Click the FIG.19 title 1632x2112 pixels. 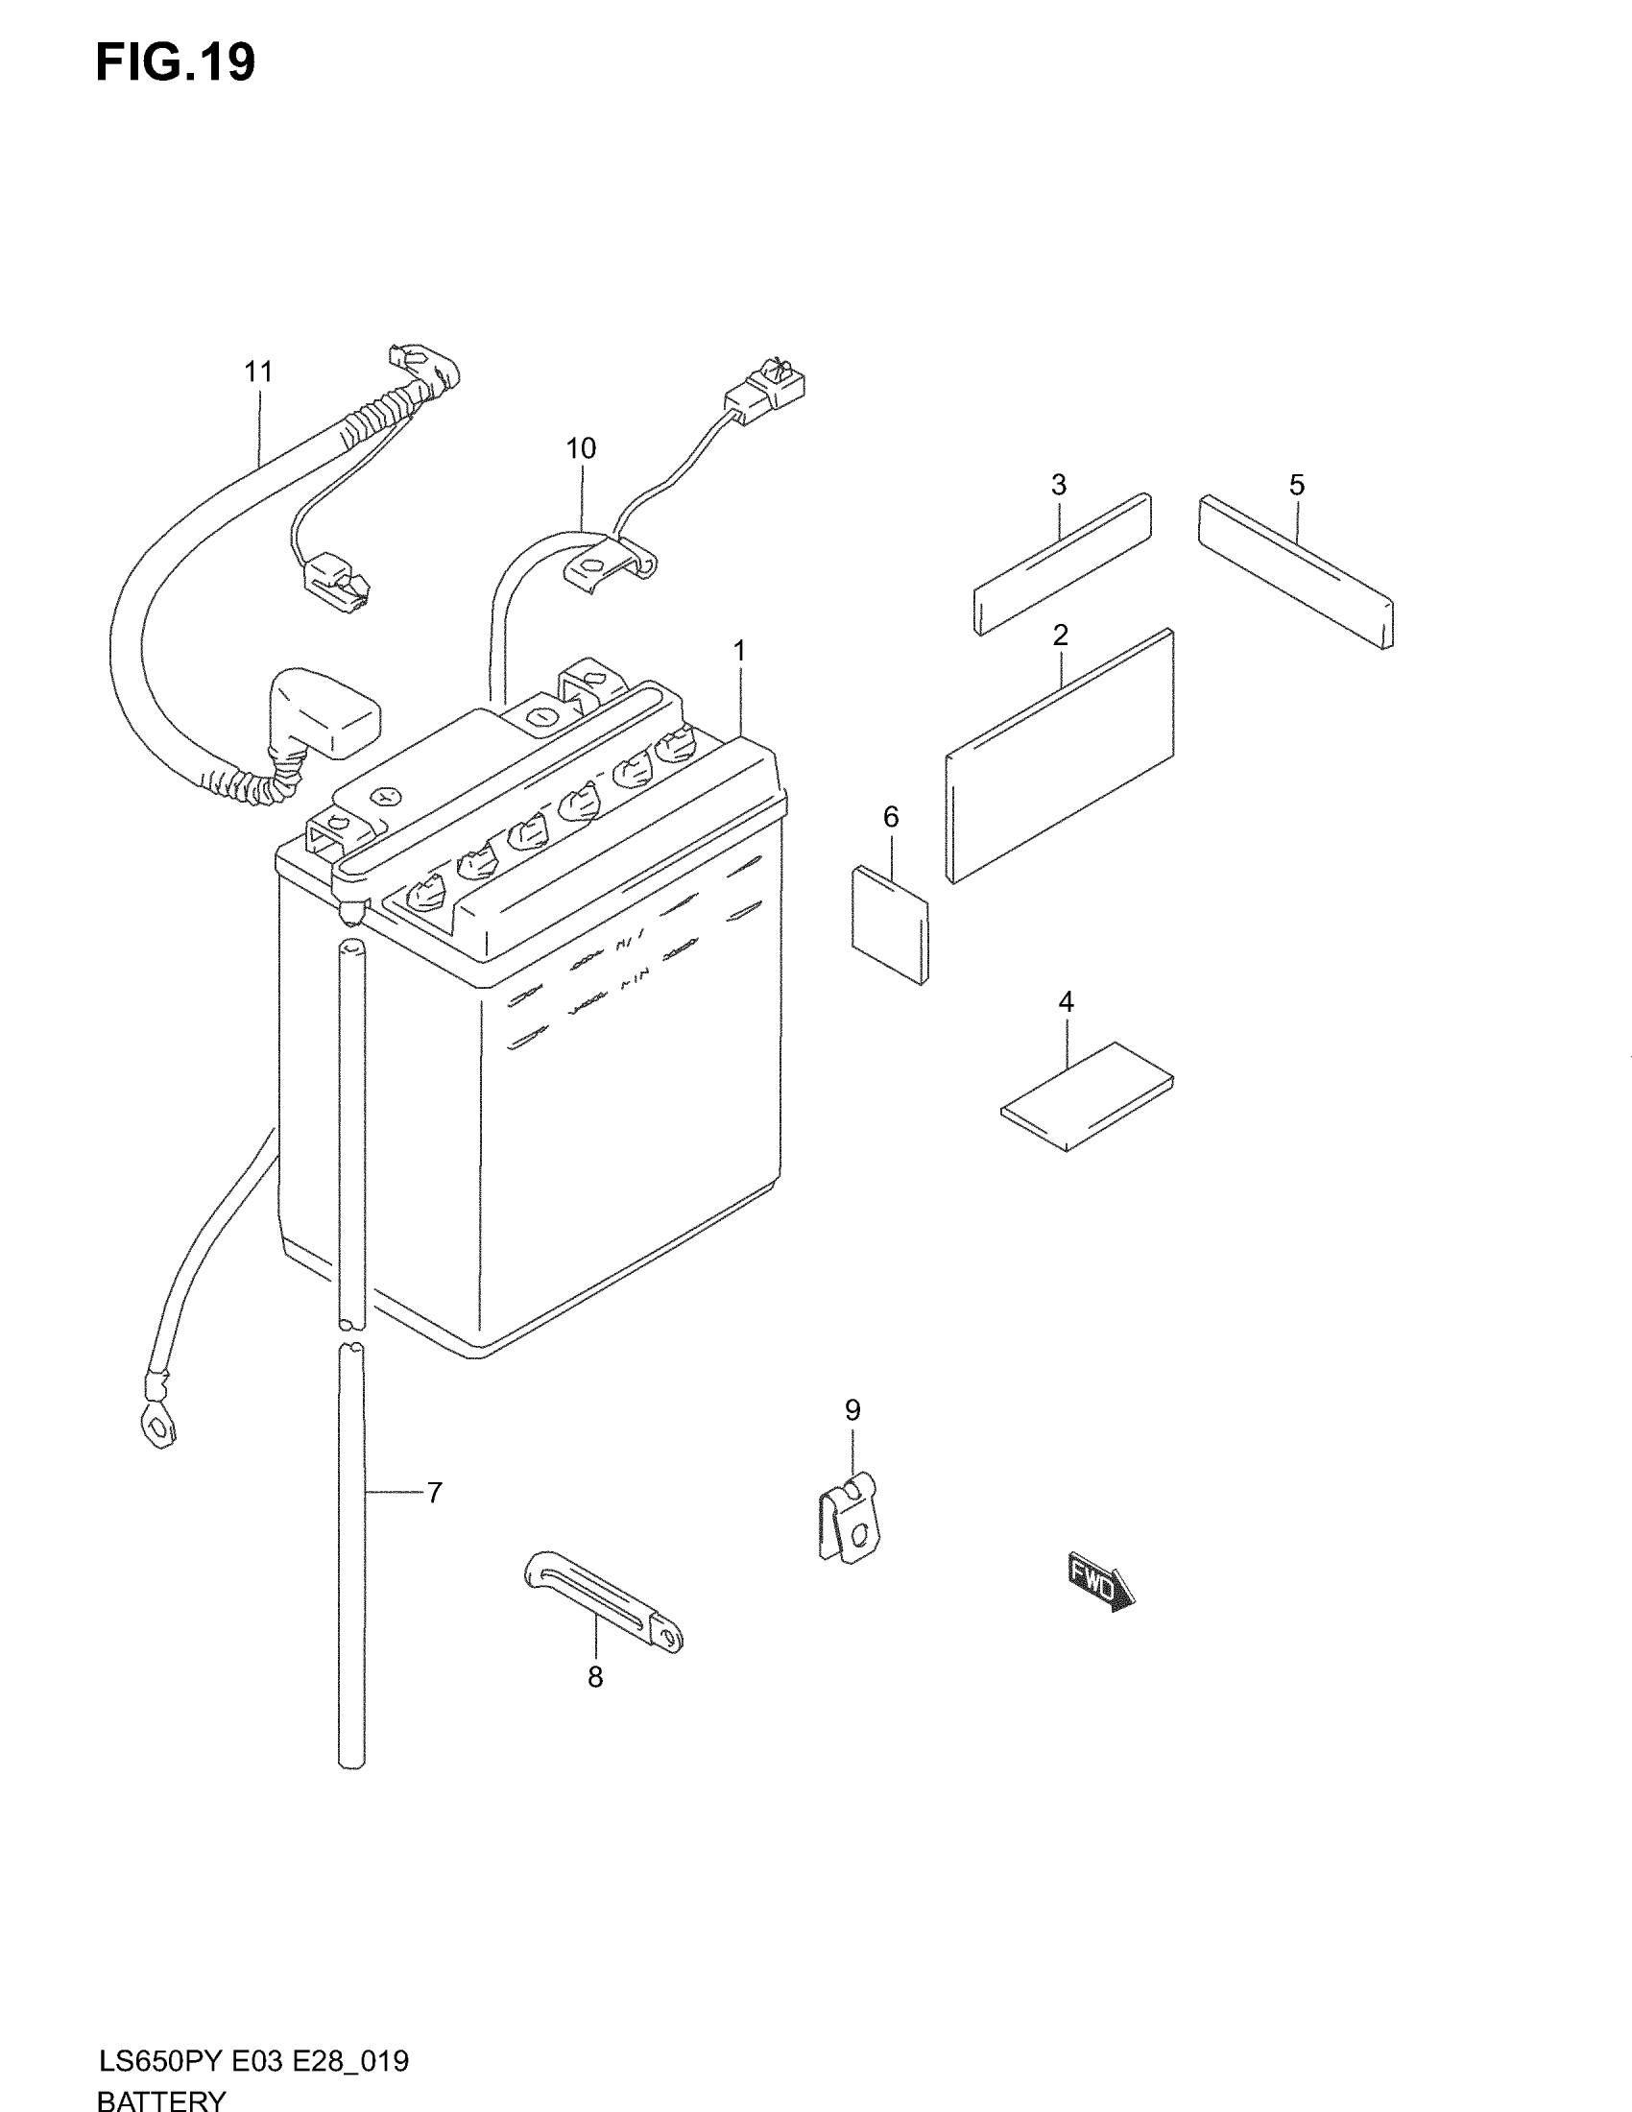pos(175,63)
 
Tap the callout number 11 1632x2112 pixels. pos(258,372)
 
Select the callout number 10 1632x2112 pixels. pos(581,448)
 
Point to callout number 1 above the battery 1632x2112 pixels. pos(739,652)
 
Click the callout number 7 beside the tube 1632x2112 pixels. pos(435,1493)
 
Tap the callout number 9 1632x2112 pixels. pos(852,1410)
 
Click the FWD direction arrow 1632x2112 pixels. pos(1101,1582)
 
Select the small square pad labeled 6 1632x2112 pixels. pos(891,924)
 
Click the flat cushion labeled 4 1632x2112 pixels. pos(1088,1096)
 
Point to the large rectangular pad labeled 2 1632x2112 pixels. pos(1061,757)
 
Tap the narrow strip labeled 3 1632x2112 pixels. pos(1062,564)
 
